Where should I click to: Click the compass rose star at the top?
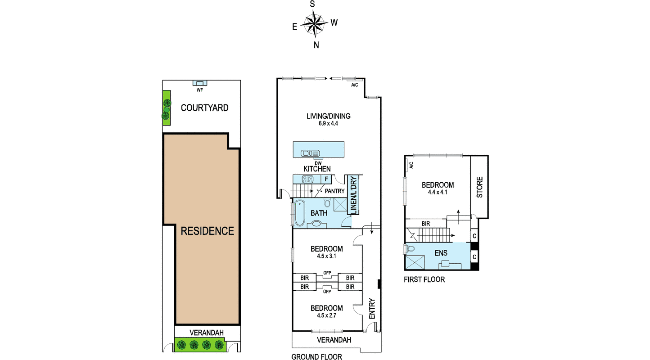(x=314, y=24)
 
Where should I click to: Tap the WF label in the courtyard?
(x=200, y=90)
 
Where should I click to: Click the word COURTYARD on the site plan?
(x=204, y=108)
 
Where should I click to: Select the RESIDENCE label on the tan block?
(x=207, y=231)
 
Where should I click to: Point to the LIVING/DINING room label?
(x=329, y=116)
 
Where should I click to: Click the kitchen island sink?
(x=310, y=153)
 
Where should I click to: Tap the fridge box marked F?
(x=326, y=179)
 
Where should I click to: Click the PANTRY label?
(x=334, y=191)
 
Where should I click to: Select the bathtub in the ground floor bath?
(x=299, y=213)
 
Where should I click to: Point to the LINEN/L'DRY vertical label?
(x=353, y=195)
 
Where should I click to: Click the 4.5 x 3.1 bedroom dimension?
(x=326, y=256)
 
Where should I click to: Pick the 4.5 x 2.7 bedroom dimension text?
(x=326, y=315)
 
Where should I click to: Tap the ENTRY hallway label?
(x=372, y=309)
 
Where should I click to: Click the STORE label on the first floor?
(x=480, y=187)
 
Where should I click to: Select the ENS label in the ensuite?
(x=441, y=253)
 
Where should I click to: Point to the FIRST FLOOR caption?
(x=424, y=279)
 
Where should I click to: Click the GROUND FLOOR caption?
(x=316, y=357)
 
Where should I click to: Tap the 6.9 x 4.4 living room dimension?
(x=328, y=124)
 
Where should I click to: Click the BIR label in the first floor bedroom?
(x=426, y=224)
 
